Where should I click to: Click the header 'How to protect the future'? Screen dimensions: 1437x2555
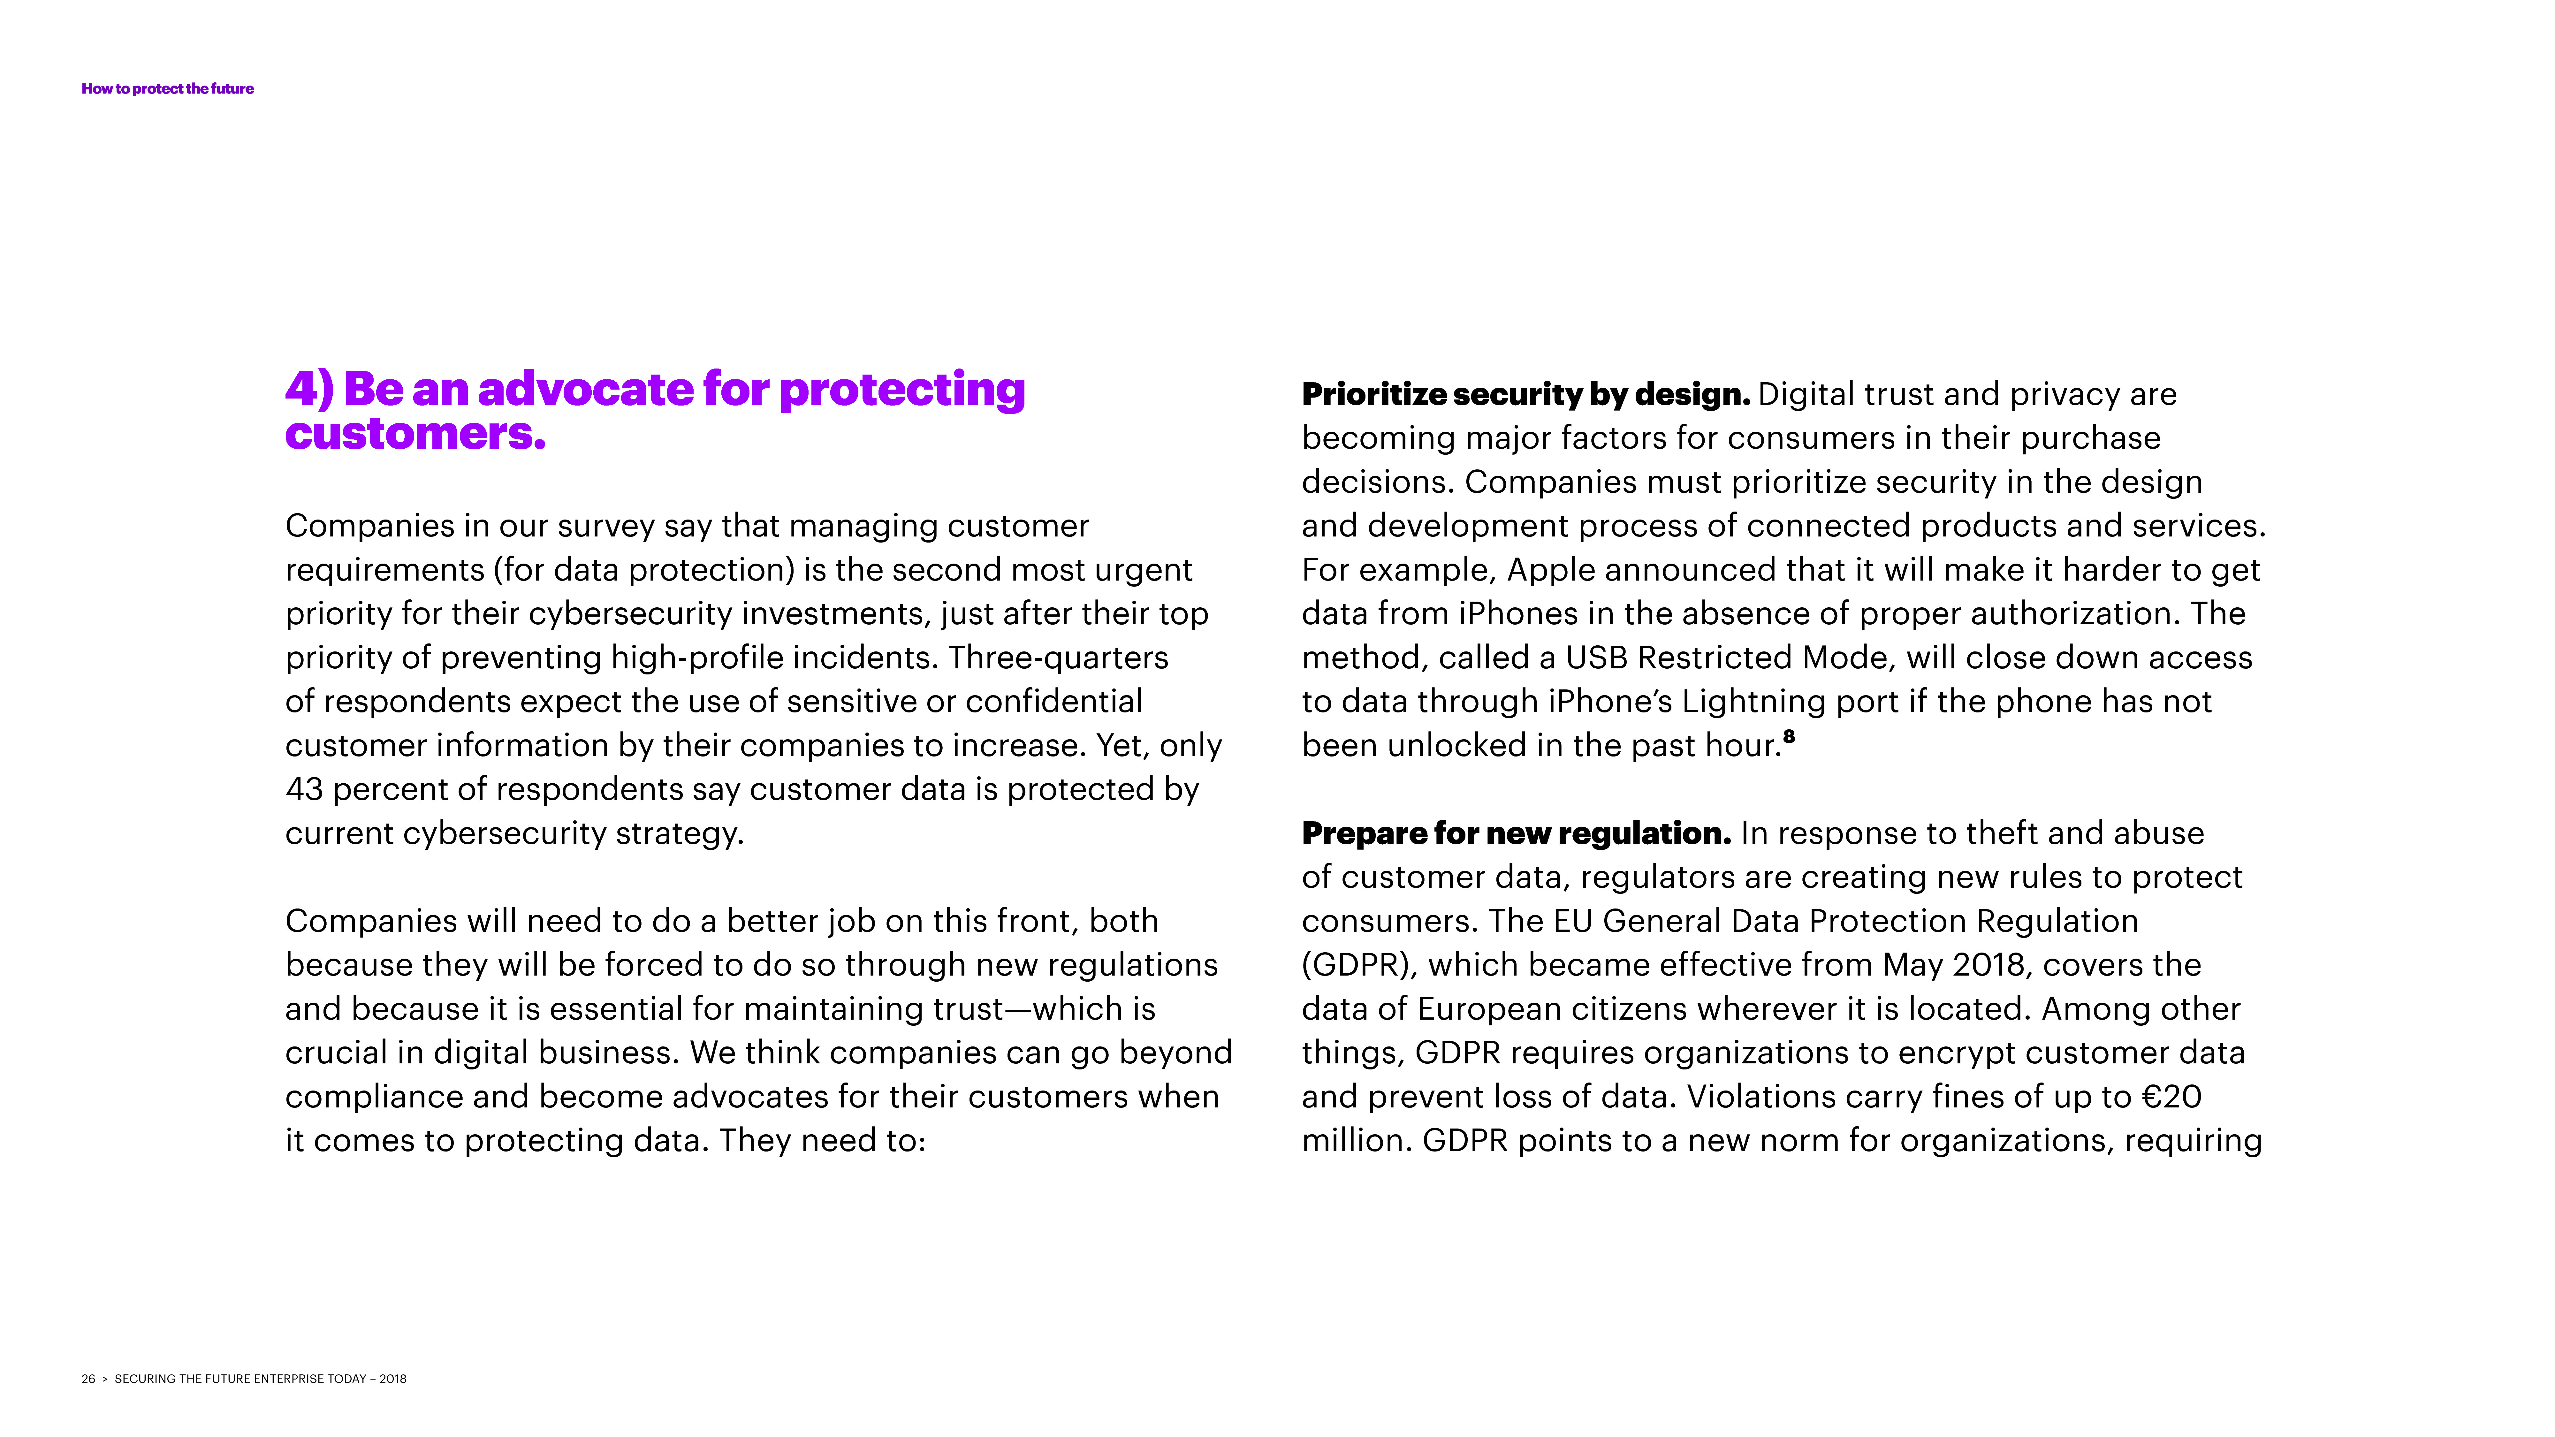pyautogui.click(x=168, y=88)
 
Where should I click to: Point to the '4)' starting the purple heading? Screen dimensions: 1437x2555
pyautogui.click(x=309, y=389)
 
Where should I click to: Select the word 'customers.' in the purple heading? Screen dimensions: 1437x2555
pyautogui.click(x=415, y=433)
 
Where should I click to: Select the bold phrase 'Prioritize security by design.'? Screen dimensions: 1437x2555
pyautogui.click(x=1525, y=395)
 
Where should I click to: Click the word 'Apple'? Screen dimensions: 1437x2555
pyautogui.click(x=1550, y=570)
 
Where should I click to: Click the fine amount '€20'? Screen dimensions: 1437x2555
pyautogui.click(x=2171, y=1097)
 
